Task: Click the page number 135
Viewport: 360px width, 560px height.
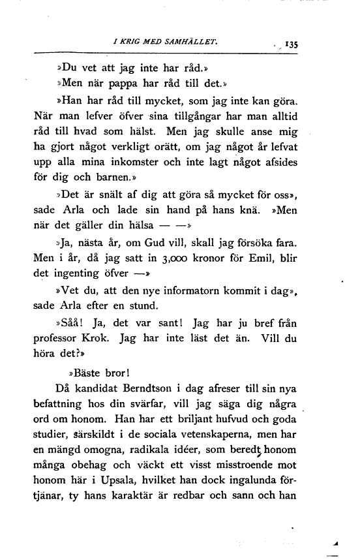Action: tap(290, 45)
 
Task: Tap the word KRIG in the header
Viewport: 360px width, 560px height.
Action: tap(130, 43)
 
